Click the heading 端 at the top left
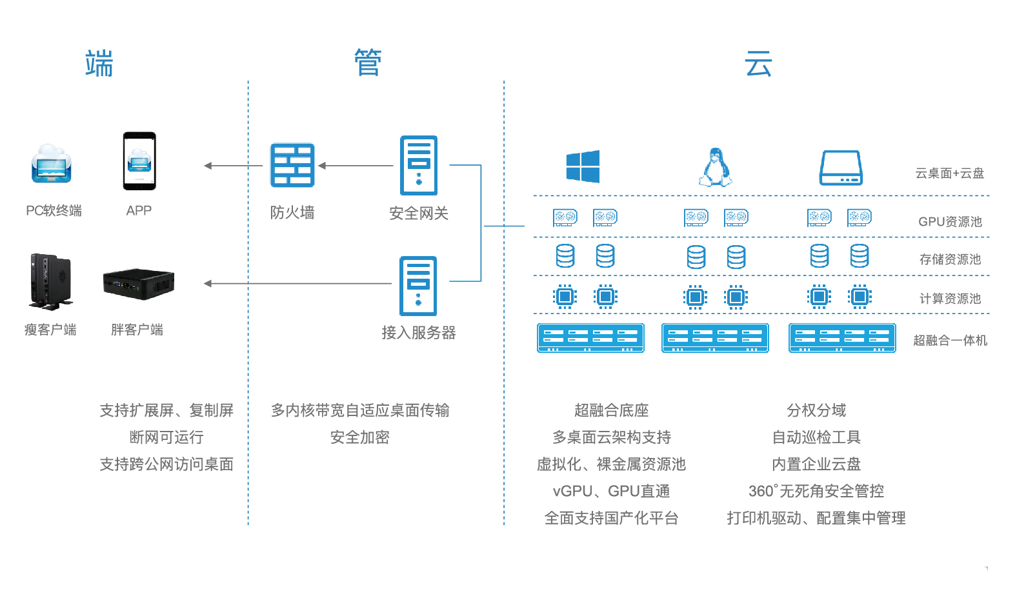click(x=99, y=63)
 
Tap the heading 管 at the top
click(x=368, y=63)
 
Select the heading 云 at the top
click(x=758, y=64)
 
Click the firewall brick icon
click(x=292, y=165)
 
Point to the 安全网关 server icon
click(x=419, y=166)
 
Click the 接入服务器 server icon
click(x=418, y=286)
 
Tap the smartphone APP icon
click(x=139, y=161)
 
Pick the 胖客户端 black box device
click(x=138, y=284)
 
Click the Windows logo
click(x=583, y=166)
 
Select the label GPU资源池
click(x=950, y=221)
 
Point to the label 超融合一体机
click(x=950, y=340)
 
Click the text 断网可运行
click(x=166, y=437)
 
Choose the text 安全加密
click(x=360, y=437)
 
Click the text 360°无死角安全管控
click(x=816, y=491)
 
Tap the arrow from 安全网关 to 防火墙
click(x=356, y=166)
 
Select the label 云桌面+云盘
click(x=950, y=173)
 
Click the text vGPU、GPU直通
click(x=611, y=491)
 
